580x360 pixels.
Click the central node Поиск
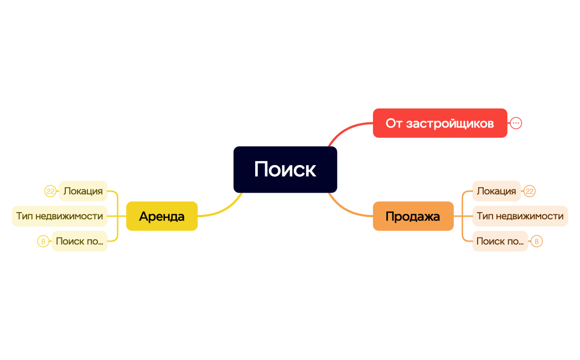pos(285,169)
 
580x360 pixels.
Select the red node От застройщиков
pos(439,123)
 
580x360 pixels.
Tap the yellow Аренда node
pos(162,216)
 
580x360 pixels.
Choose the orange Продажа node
pos(413,216)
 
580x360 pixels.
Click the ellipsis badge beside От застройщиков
pos(516,123)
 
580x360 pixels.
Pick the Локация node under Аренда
pos(83,191)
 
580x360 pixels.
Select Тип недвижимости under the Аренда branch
pos(60,216)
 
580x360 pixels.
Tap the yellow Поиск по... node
pos(80,241)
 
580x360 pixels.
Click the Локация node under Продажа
pos(496,191)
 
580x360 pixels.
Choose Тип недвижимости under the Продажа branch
pos(520,216)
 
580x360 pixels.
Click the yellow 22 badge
pos(50,192)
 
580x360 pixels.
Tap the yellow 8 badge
pos(43,241)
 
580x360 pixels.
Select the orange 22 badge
pos(530,192)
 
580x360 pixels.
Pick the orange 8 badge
pos(536,241)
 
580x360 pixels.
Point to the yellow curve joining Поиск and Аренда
pos(224,210)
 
